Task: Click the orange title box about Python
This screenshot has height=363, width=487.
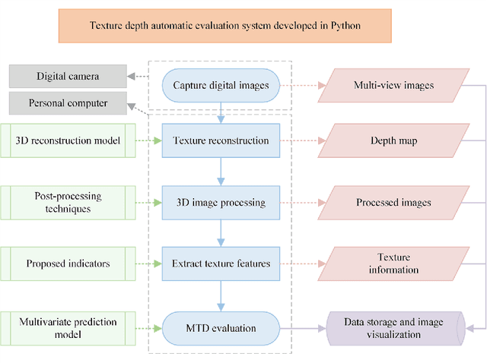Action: (x=224, y=25)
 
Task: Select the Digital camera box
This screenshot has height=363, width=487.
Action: (x=68, y=76)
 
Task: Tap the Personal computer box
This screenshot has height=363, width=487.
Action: (x=68, y=103)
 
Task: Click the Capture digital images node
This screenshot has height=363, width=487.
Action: (x=221, y=86)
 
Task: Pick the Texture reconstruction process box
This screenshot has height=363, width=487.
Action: (x=221, y=141)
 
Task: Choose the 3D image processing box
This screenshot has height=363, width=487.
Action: (x=221, y=203)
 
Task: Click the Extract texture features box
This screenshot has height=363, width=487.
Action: (x=221, y=264)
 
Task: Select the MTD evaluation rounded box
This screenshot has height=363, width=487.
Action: (x=221, y=328)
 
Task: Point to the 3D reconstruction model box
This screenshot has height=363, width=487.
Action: (x=68, y=141)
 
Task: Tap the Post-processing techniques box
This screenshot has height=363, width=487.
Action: (x=68, y=203)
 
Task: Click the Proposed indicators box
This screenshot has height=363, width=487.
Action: (x=68, y=264)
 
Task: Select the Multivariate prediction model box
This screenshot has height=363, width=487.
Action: (x=68, y=328)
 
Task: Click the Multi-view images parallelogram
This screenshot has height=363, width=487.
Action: (x=393, y=86)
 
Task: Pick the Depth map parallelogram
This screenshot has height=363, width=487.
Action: (x=393, y=141)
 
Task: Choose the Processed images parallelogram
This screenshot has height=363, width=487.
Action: (x=393, y=203)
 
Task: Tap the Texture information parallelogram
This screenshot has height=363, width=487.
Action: (x=393, y=264)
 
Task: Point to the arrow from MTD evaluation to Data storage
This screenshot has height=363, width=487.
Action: (x=303, y=328)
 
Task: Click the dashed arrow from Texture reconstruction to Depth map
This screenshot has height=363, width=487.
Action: (x=303, y=141)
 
